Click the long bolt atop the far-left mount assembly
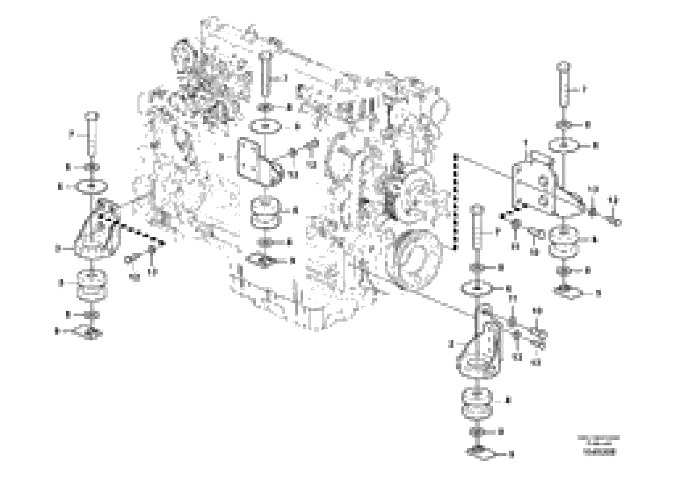pyautogui.click(x=91, y=134)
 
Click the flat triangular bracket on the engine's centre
pyautogui.click(x=256, y=165)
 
